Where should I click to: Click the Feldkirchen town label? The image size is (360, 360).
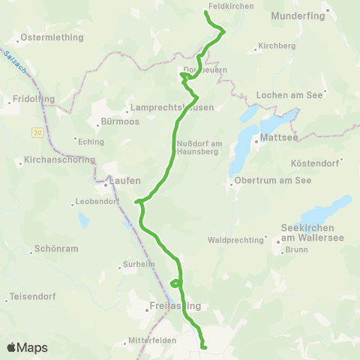click(x=230, y=5)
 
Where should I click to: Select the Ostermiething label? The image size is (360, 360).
click(x=46, y=36)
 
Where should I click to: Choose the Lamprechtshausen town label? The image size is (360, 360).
click(x=172, y=107)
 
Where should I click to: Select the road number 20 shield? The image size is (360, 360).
click(x=37, y=132)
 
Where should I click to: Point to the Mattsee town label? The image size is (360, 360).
click(x=274, y=138)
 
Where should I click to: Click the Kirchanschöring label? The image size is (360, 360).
click(x=59, y=160)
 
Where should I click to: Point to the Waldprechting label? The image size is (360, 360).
click(x=236, y=240)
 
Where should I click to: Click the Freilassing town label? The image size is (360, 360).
click(x=166, y=306)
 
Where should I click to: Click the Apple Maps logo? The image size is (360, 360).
click(x=27, y=347)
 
